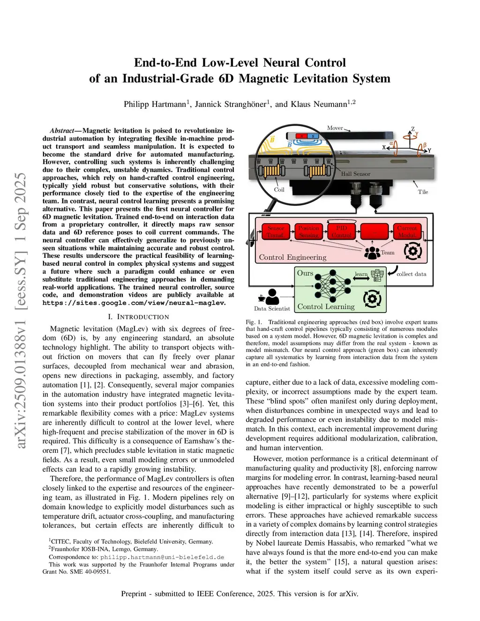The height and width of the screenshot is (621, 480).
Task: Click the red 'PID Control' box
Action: (x=341, y=232)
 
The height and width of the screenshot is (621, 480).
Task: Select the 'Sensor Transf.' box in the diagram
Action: (x=276, y=232)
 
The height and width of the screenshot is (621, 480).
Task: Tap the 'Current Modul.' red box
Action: (x=406, y=232)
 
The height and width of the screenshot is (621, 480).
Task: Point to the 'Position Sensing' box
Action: (x=308, y=232)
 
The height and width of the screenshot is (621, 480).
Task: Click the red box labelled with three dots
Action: (x=374, y=232)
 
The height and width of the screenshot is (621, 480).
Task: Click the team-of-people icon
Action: (x=372, y=253)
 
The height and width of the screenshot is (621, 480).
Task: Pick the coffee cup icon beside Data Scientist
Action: (x=261, y=298)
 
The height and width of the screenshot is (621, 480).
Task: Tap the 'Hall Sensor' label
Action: (x=355, y=174)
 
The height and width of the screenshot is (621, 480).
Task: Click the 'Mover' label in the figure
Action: (x=335, y=128)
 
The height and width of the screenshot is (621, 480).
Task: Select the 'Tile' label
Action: (x=423, y=192)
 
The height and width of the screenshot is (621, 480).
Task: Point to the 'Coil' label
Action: (x=279, y=190)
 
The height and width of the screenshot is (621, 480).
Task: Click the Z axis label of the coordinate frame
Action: (x=413, y=129)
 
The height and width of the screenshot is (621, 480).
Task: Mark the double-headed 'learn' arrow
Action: (x=361, y=279)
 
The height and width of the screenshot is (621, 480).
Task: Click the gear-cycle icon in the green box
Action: (x=372, y=299)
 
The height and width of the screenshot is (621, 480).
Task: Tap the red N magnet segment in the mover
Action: (x=302, y=136)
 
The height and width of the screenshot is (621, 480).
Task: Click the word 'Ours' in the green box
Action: (x=305, y=273)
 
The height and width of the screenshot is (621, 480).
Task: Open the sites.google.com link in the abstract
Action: (x=134, y=303)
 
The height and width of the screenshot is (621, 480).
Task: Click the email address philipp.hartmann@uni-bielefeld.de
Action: (x=162, y=557)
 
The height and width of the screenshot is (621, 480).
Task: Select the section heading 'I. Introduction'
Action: (x=138, y=317)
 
